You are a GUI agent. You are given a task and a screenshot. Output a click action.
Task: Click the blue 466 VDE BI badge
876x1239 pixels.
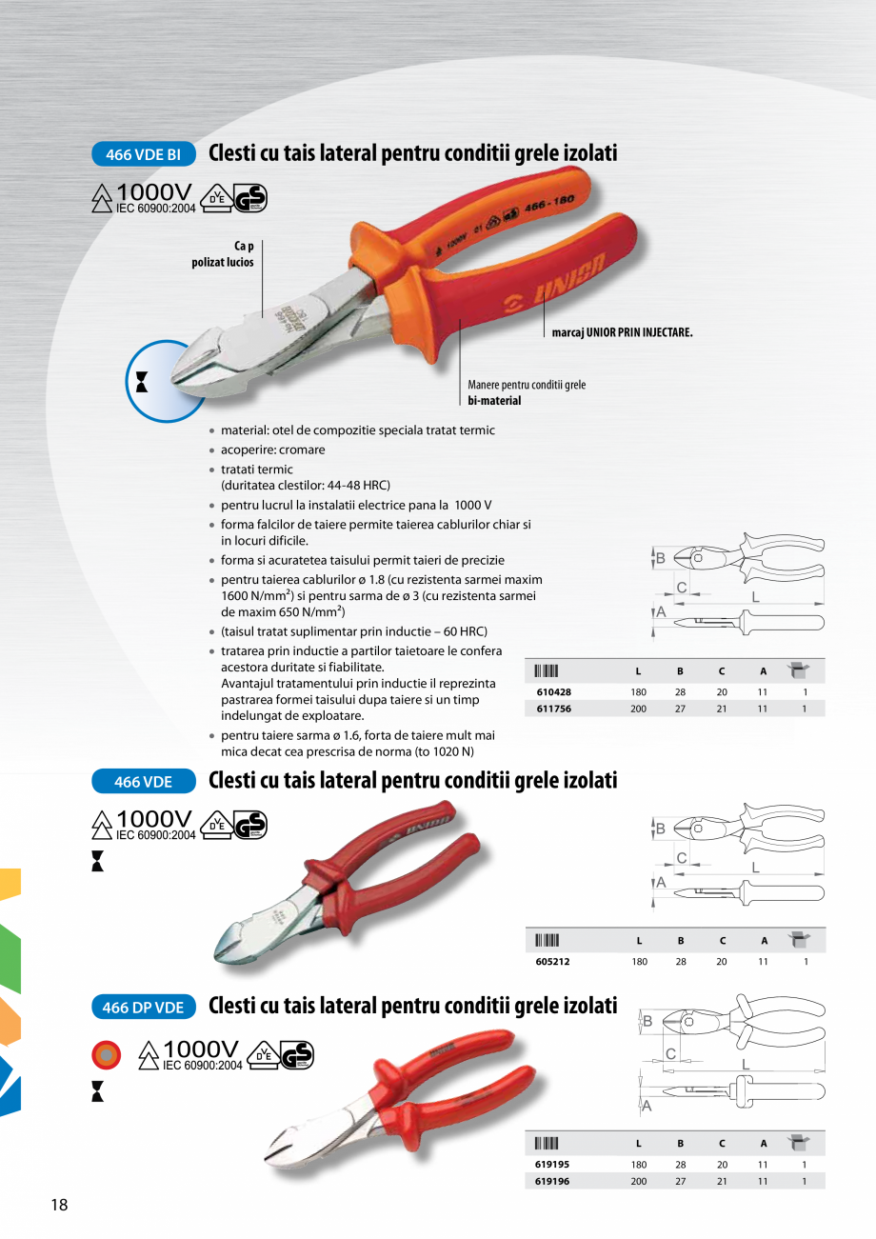pos(144,153)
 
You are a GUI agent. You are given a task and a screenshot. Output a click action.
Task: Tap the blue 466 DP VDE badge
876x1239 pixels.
pos(144,1007)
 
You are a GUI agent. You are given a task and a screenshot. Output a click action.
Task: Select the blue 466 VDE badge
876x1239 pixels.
pos(144,781)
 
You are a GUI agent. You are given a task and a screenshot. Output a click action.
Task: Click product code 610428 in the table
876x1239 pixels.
pos(553,692)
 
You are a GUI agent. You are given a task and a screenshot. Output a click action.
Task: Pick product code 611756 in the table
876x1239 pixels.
pos(553,709)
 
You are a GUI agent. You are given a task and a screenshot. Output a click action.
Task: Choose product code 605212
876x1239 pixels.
pos(553,962)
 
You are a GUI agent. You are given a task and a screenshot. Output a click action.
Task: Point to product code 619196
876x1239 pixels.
pos(553,1181)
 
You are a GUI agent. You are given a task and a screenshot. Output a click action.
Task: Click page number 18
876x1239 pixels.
pos(59,1205)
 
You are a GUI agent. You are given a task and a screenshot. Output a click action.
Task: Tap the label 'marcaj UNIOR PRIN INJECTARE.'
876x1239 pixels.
pos(622,333)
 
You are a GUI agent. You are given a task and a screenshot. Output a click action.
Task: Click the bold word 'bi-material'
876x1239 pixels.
pos(494,401)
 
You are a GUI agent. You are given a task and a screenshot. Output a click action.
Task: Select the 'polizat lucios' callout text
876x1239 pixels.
pos(223,263)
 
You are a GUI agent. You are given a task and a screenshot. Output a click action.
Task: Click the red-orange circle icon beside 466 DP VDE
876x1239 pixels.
pos(106,1054)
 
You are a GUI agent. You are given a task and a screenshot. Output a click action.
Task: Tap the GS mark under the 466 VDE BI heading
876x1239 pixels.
pos(251,198)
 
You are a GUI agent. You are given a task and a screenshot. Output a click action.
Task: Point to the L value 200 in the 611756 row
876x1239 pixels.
pos(638,709)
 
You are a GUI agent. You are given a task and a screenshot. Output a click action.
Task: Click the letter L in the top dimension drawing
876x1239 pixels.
pos(755,596)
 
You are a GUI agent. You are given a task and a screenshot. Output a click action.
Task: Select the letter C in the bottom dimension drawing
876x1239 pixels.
pos(670,1053)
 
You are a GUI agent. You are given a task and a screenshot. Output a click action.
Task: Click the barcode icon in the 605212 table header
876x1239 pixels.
pos(547,941)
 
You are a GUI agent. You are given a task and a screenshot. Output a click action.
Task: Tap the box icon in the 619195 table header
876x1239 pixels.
pos(798,1142)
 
